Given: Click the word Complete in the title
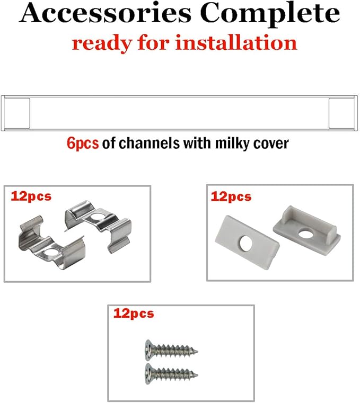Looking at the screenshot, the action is [x=270, y=14].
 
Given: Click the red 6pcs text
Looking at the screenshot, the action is [x=83, y=143].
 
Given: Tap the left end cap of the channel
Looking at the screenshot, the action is [x=16, y=113].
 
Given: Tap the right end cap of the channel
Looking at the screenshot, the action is [x=343, y=113].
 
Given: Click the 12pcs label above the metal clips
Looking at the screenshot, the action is [x=31, y=196].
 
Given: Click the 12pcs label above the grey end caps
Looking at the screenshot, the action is [x=231, y=197].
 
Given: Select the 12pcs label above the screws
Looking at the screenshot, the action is [x=134, y=314].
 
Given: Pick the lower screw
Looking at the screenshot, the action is [x=171, y=373].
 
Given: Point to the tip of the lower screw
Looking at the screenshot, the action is [x=198, y=374].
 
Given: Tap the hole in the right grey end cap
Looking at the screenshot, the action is [x=305, y=234].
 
